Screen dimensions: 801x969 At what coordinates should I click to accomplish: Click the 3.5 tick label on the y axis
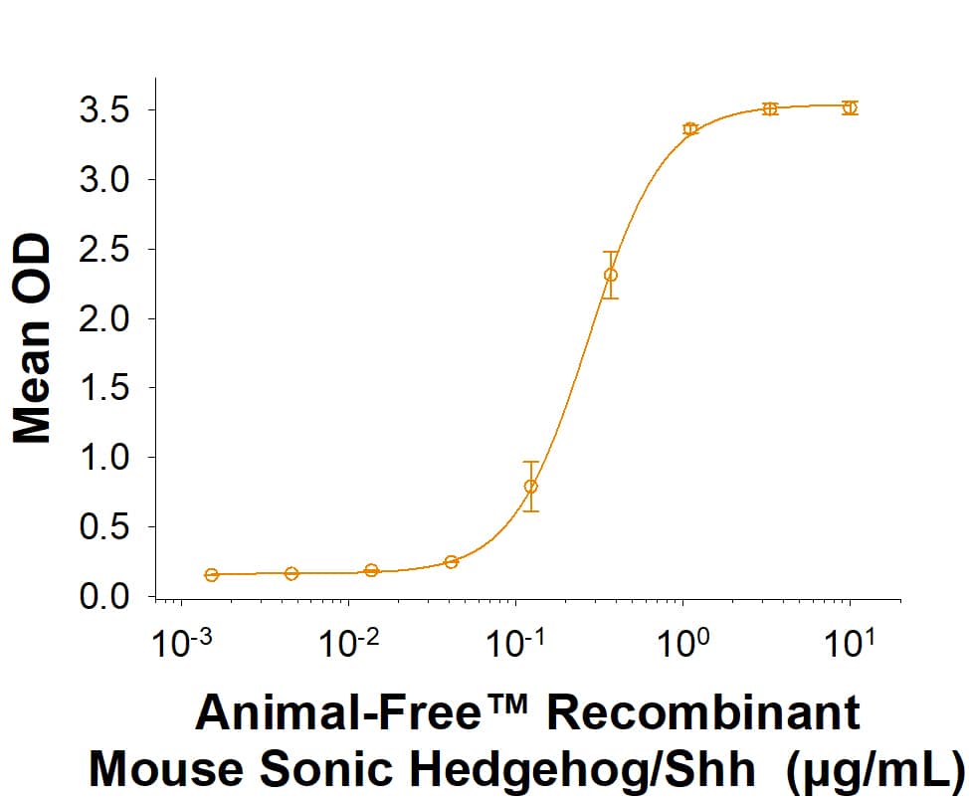click(105, 109)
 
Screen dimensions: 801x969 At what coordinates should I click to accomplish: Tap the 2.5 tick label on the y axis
click(105, 249)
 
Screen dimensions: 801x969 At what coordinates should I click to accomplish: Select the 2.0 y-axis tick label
click(105, 318)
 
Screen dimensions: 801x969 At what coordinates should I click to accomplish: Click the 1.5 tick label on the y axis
click(105, 388)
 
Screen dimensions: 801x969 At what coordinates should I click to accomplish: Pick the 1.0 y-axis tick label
click(105, 458)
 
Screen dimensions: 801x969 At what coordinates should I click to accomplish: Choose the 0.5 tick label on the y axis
click(105, 527)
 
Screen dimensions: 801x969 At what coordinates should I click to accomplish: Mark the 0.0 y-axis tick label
click(105, 597)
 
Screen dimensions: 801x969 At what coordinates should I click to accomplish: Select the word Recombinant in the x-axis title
click(703, 714)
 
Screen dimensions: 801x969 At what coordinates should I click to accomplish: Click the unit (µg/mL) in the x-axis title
click(874, 768)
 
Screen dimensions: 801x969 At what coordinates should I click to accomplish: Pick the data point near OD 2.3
click(611, 276)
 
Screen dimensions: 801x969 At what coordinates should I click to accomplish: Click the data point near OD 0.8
click(531, 487)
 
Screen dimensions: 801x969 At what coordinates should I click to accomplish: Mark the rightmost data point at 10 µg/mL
click(849, 107)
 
